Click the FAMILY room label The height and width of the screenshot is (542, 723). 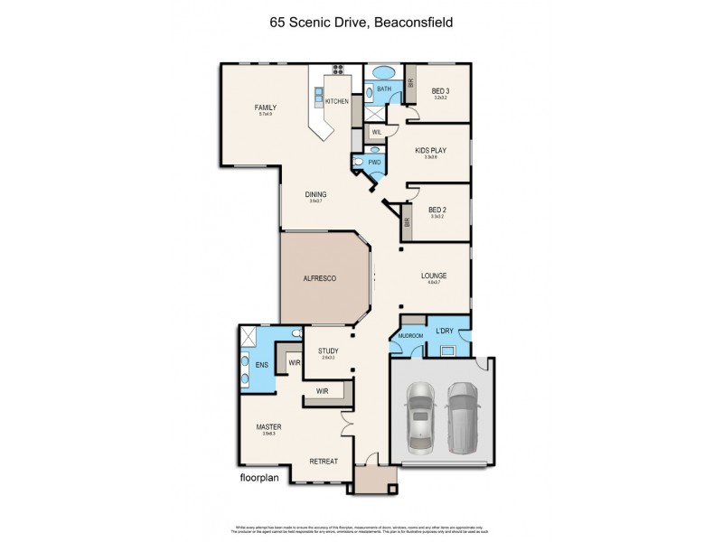tap(266, 107)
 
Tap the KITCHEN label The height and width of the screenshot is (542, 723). tap(337, 101)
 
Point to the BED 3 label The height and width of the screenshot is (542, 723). tap(440, 90)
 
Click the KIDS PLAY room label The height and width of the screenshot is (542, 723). tap(430, 150)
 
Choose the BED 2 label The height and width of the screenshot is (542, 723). tap(438, 209)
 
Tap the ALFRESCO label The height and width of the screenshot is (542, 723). tap(319, 279)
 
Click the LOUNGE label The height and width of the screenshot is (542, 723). tap(434, 276)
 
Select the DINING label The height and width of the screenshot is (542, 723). tap(315, 194)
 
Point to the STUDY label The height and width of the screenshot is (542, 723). tap(328, 350)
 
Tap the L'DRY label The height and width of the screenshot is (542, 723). tap(445, 332)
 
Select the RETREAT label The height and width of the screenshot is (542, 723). tap(324, 461)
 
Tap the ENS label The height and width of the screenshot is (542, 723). tap(262, 365)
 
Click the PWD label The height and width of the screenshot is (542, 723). tap(373, 163)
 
